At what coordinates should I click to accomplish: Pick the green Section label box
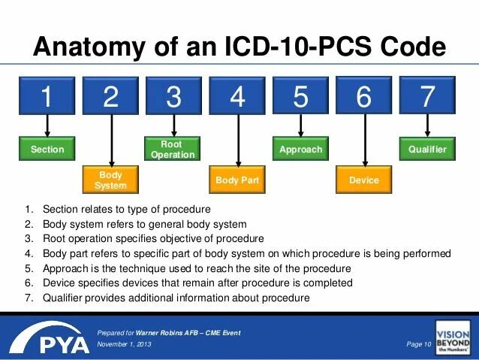click(47, 150)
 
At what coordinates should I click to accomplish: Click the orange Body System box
click(111, 180)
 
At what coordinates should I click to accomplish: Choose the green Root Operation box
click(173, 150)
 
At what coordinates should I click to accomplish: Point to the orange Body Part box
click(237, 180)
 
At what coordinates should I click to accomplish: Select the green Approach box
click(300, 150)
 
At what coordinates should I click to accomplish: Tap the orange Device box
click(364, 180)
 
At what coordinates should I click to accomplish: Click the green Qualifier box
click(427, 150)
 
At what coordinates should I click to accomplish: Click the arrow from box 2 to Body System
click(111, 143)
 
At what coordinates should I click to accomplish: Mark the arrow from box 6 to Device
click(364, 143)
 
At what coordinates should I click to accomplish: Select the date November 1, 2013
click(125, 344)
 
